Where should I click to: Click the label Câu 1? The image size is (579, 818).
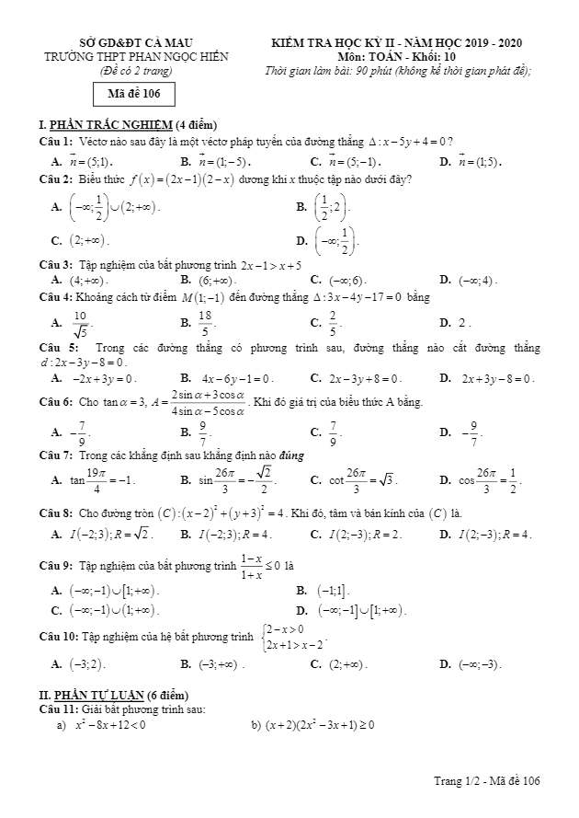55,141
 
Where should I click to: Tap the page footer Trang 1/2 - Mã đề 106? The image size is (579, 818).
486,781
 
